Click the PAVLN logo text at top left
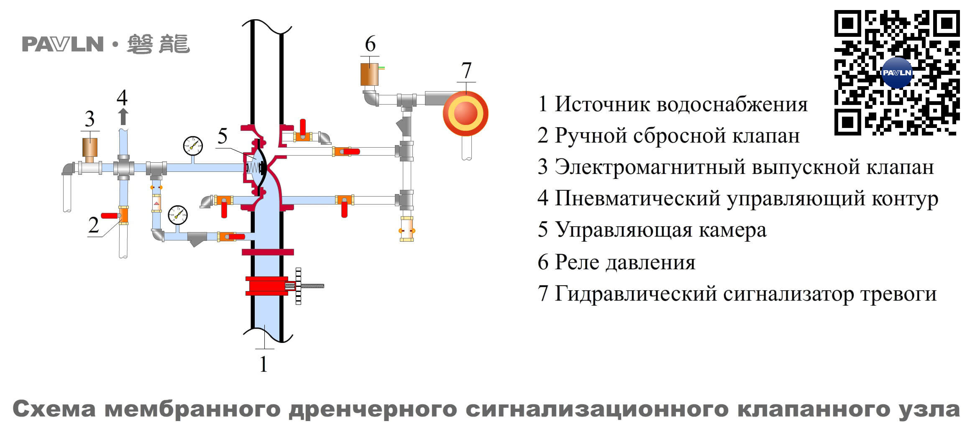click(x=63, y=44)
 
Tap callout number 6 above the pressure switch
click(x=370, y=44)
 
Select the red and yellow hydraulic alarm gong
click(x=465, y=113)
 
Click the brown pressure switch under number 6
click(x=369, y=74)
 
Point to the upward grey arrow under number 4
click(x=123, y=117)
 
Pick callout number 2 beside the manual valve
click(x=94, y=225)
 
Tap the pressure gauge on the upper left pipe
click(x=193, y=146)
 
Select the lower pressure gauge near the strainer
click(x=178, y=215)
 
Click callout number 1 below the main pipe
click(x=264, y=364)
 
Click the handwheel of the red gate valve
click(x=298, y=286)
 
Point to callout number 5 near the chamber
click(x=223, y=136)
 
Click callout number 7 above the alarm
click(x=466, y=70)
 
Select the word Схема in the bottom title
click(x=54, y=409)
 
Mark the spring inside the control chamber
click(x=253, y=168)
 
